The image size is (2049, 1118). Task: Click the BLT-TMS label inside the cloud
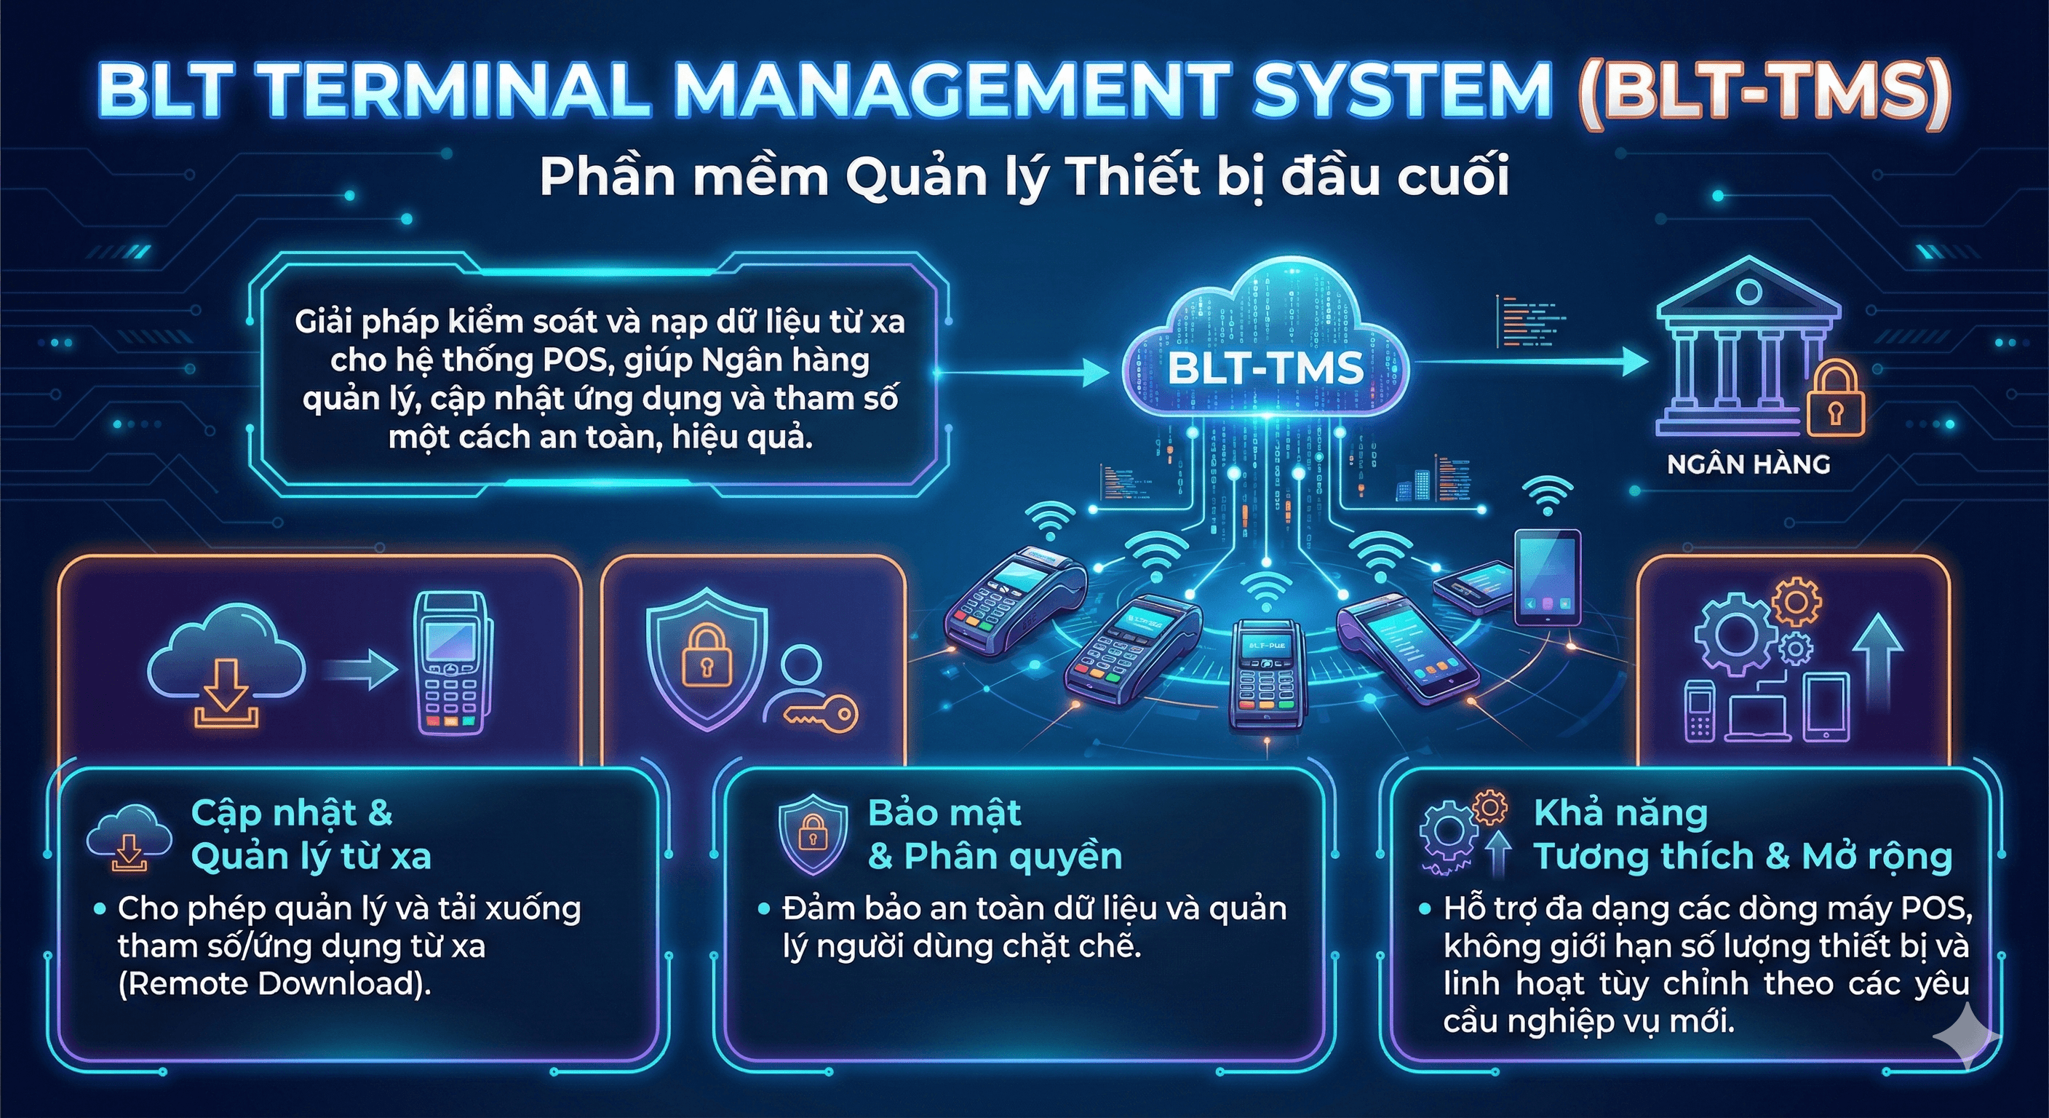point(1265,368)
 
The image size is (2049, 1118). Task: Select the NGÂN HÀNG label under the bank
point(1748,464)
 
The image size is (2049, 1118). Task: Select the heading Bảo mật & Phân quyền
point(994,834)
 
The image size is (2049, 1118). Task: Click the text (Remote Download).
point(274,984)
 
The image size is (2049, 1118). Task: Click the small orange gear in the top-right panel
point(1796,603)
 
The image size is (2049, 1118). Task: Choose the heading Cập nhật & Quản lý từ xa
point(310,834)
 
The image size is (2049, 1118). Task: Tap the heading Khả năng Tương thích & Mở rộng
point(1742,834)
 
